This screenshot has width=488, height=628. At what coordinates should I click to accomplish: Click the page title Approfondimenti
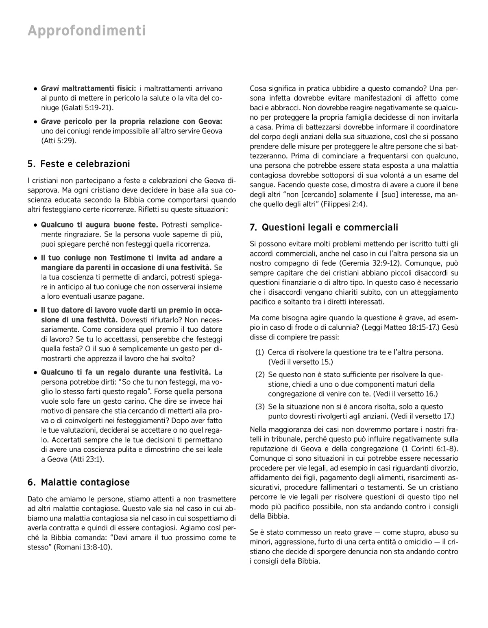(87, 31)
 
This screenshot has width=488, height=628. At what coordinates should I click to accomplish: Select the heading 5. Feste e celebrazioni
(79, 164)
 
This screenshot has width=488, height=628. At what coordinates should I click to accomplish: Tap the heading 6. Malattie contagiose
(78, 482)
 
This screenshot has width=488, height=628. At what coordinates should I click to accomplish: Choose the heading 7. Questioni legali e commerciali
(324, 227)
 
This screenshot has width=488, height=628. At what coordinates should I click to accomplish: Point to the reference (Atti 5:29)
(59, 141)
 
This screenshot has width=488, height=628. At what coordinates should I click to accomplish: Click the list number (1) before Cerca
(259, 352)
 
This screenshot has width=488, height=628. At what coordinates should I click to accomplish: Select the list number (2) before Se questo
(259, 374)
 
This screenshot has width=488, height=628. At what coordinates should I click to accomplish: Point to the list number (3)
(259, 407)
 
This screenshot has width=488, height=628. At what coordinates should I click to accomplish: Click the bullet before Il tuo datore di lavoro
(36, 310)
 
